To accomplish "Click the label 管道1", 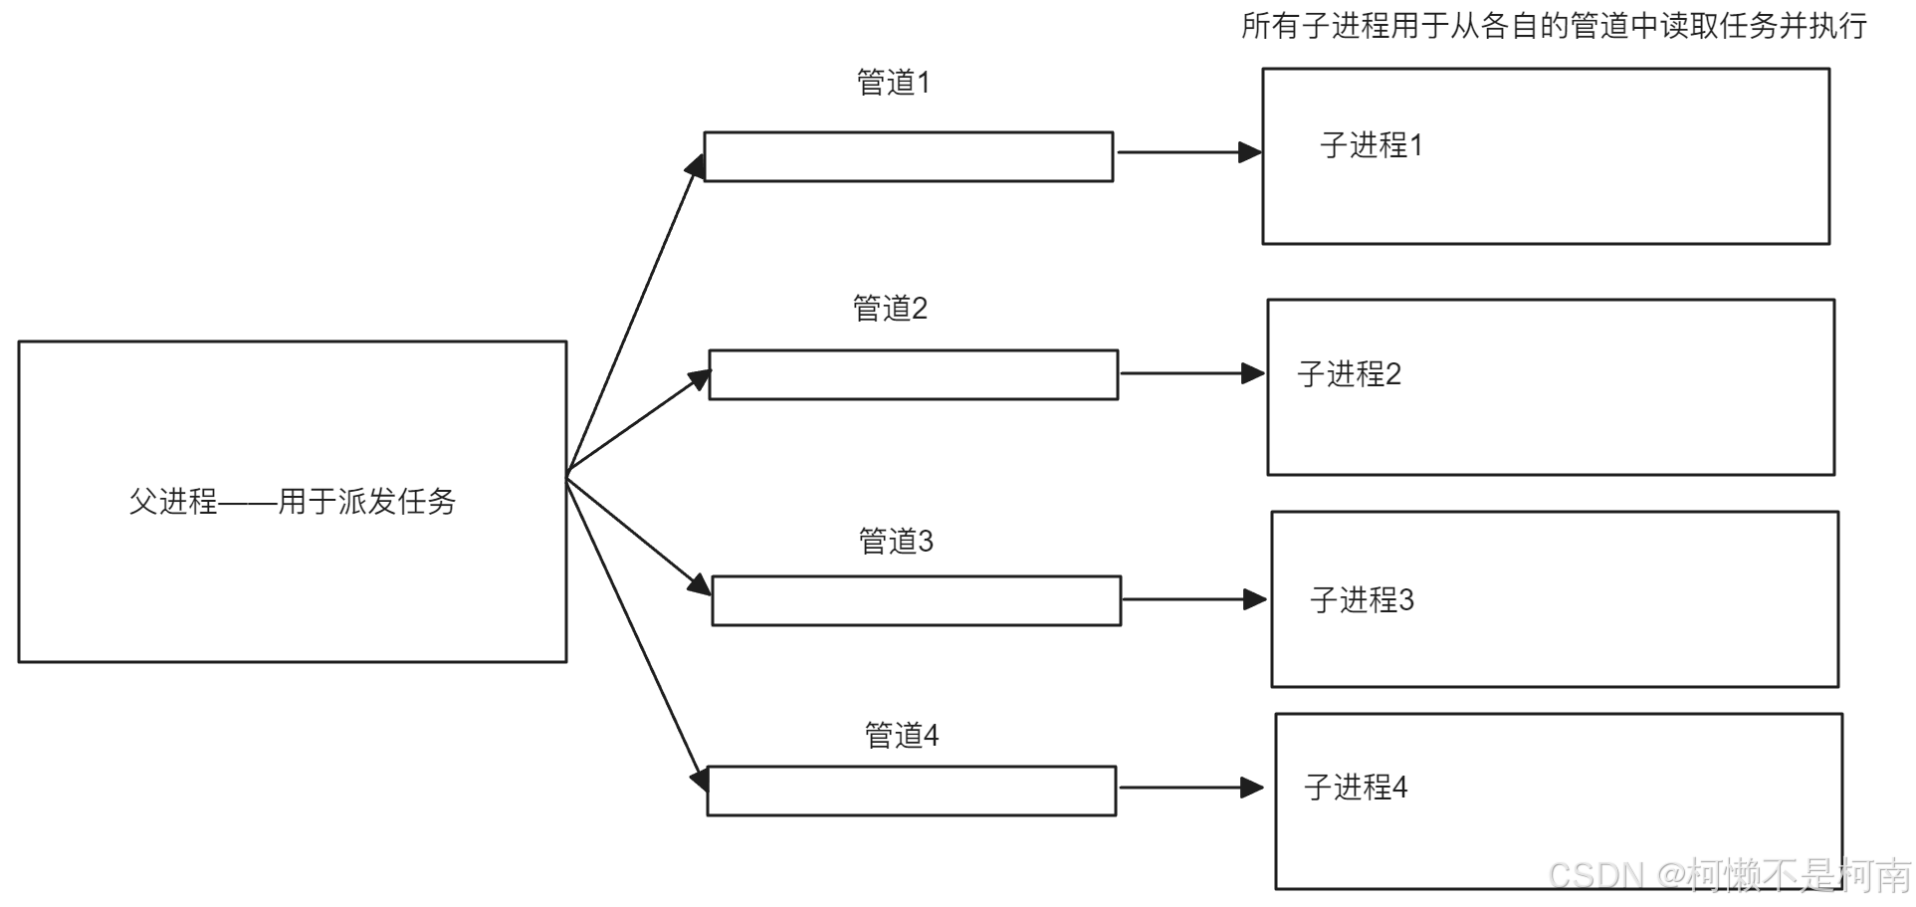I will tap(893, 83).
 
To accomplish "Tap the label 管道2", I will tap(890, 309).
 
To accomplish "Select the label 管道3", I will tap(896, 542).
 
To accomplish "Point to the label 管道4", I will tap(902, 736).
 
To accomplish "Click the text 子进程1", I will tap(1372, 145).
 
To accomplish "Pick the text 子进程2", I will tap(1349, 374).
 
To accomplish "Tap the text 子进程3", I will tap(1362, 600).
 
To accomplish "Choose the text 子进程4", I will tap(1356, 788).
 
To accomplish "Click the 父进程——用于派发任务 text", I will tap(292, 501).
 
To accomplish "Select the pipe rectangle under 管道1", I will tap(908, 157).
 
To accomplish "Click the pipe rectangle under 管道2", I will tap(913, 374).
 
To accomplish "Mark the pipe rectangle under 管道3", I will tap(916, 600).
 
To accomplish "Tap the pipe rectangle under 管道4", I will tap(911, 791).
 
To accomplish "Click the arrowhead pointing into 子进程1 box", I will tap(1250, 152).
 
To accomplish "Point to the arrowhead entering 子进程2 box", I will tap(1253, 373).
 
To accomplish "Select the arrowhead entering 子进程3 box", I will tap(1255, 599).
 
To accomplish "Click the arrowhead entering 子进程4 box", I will tap(1252, 788).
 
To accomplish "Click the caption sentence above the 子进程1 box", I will tap(1553, 26).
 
